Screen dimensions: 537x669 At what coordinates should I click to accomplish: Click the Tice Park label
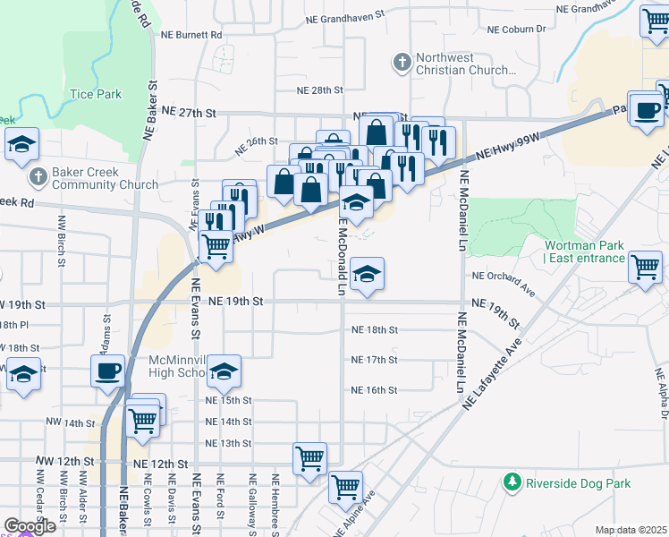pos(96,93)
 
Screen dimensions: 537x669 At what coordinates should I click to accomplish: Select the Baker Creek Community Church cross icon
pos(38,176)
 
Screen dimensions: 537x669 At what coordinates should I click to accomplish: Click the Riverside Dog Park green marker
pos(512,483)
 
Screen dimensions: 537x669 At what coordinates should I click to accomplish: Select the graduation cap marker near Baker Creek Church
pos(21,144)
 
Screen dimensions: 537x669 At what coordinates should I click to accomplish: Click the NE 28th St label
pos(320,90)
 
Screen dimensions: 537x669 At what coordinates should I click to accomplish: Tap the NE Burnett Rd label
pos(191,34)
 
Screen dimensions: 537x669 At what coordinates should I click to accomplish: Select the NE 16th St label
pos(374,390)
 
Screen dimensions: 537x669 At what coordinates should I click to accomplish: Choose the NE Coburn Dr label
pos(516,30)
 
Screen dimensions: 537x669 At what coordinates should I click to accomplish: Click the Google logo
pos(30,525)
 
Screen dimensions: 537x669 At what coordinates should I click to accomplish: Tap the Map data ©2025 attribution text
pos(631,530)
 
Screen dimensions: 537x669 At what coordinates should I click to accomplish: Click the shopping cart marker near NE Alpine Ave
pos(345,488)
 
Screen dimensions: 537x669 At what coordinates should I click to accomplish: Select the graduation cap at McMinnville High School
pos(225,370)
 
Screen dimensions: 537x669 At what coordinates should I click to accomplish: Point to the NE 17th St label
pos(374,360)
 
